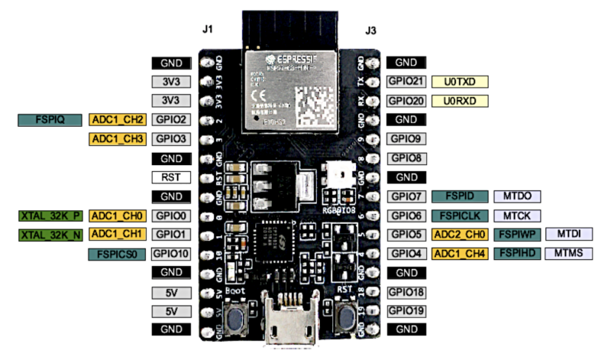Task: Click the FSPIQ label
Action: pyautogui.click(x=49, y=120)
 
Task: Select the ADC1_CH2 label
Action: pyautogui.click(x=117, y=120)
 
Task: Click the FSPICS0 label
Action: pyautogui.click(x=117, y=254)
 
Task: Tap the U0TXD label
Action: pyautogui.click(x=460, y=82)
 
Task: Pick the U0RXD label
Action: pyautogui.click(x=460, y=101)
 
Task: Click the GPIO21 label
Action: pyautogui.click(x=406, y=82)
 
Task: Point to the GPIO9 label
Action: pyautogui.click(x=406, y=139)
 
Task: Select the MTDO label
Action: pyautogui.click(x=513, y=196)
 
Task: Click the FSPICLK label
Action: pyautogui.click(x=460, y=216)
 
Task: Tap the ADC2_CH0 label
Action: pyautogui.click(x=460, y=235)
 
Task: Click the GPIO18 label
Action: pyautogui.click(x=406, y=292)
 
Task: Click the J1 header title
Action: pyautogui.click(x=207, y=30)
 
